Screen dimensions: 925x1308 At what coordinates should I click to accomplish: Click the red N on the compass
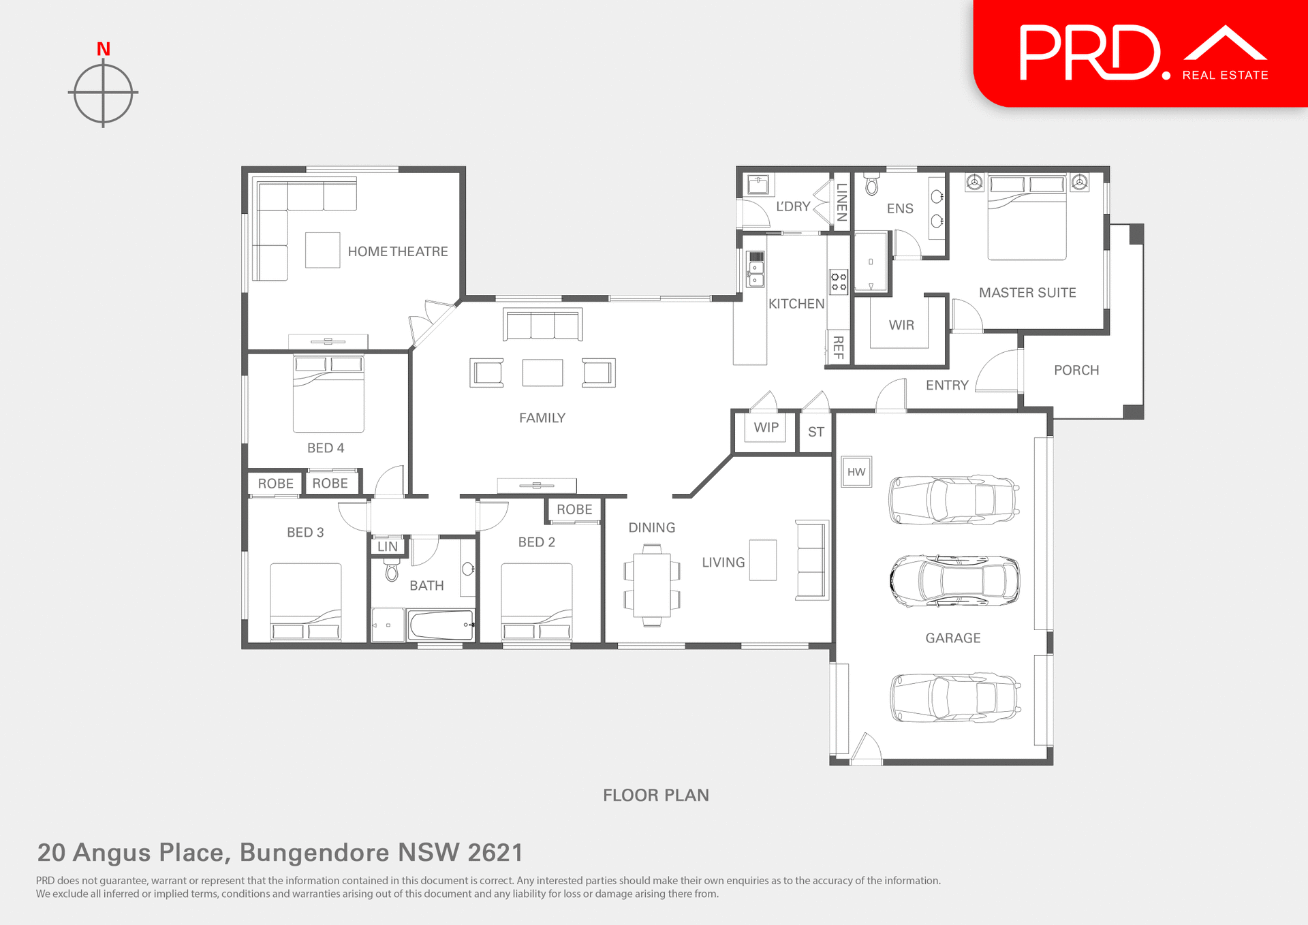(x=104, y=49)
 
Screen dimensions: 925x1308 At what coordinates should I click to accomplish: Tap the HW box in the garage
(x=856, y=471)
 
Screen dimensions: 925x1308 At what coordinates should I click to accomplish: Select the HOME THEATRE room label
(x=398, y=251)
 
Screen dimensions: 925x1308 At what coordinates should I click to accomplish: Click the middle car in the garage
(x=954, y=581)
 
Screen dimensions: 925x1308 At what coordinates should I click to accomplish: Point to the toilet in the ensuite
(x=871, y=185)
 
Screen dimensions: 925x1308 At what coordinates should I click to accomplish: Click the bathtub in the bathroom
(x=441, y=625)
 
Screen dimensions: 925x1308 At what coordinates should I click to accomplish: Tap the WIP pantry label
(x=766, y=427)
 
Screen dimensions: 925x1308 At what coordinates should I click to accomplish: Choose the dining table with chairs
(x=652, y=585)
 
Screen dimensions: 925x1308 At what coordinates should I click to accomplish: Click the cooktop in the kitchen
(x=839, y=281)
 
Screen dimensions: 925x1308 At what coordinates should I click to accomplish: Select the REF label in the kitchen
(x=839, y=347)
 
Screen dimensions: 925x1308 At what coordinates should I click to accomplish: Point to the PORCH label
(x=1076, y=370)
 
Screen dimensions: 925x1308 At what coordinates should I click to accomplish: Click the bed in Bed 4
(x=328, y=393)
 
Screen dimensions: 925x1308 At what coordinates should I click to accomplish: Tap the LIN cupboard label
(x=388, y=546)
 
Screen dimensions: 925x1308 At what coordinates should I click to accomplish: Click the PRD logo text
(x=1090, y=53)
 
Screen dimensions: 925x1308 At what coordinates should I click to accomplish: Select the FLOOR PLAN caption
(x=655, y=795)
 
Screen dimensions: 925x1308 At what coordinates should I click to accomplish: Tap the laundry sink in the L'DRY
(x=758, y=185)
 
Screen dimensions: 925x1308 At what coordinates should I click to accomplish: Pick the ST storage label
(x=815, y=432)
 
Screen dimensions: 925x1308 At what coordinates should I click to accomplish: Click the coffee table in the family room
(x=542, y=373)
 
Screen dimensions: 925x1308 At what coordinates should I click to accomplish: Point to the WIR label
(x=901, y=325)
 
